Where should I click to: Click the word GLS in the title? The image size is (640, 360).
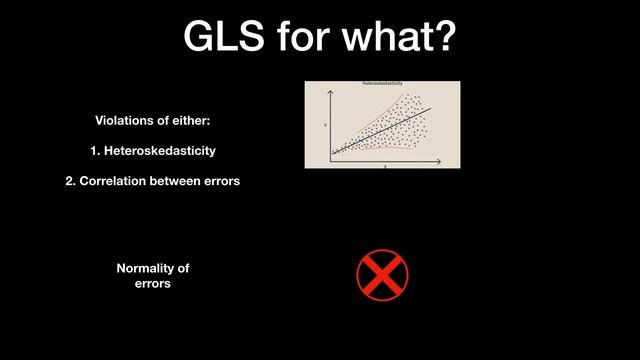(226, 37)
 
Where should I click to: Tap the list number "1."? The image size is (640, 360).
(96, 151)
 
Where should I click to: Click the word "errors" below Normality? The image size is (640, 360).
(153, 284)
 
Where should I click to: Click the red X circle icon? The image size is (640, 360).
(383, 275)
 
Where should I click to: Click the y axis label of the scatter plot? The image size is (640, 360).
(325, 124)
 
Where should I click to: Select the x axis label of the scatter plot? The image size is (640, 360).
(385, 166)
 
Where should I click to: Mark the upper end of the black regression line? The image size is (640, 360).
(430, 109)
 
